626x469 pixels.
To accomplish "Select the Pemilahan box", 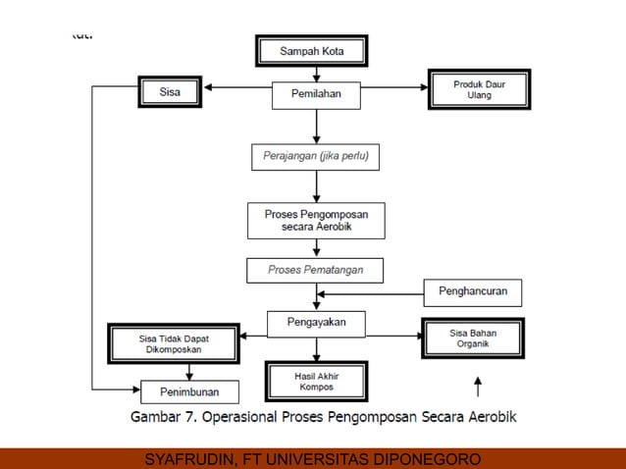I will point(316,95).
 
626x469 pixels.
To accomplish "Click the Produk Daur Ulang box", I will point(479,89).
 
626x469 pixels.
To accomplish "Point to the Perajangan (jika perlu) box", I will point(315,156).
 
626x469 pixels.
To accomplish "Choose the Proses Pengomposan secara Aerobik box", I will point(316,220).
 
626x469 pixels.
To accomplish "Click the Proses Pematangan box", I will point(314,269).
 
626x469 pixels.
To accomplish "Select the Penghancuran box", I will point(472,291).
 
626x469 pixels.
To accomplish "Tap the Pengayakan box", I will point(316,323).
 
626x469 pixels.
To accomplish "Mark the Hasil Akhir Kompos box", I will point(316,381).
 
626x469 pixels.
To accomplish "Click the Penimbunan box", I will point(189,392).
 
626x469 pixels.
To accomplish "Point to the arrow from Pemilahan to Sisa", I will point(237,87).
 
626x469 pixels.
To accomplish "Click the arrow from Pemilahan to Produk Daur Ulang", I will point(394,87).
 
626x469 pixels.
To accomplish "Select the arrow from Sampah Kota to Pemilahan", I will point(316,75).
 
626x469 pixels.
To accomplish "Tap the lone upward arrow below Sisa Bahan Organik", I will point(477,385).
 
